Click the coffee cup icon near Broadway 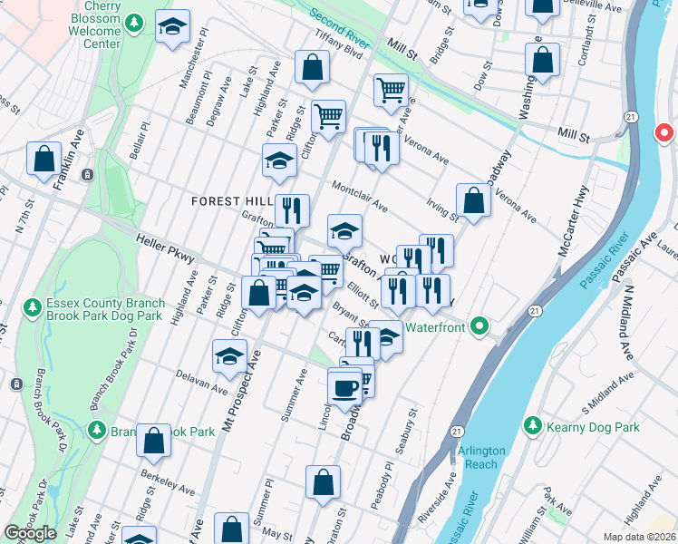click(344, 389)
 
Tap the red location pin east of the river click(663, 134)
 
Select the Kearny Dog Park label click(594, 427)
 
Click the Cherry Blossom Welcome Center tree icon click(133, 22)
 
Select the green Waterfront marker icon click(481, 327)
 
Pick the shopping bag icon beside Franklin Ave click(44, 159)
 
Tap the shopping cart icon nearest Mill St click(391, 90)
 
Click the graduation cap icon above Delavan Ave click(230, 355)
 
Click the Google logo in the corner click(30, 533)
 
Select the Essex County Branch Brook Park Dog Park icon click(32, 309)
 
